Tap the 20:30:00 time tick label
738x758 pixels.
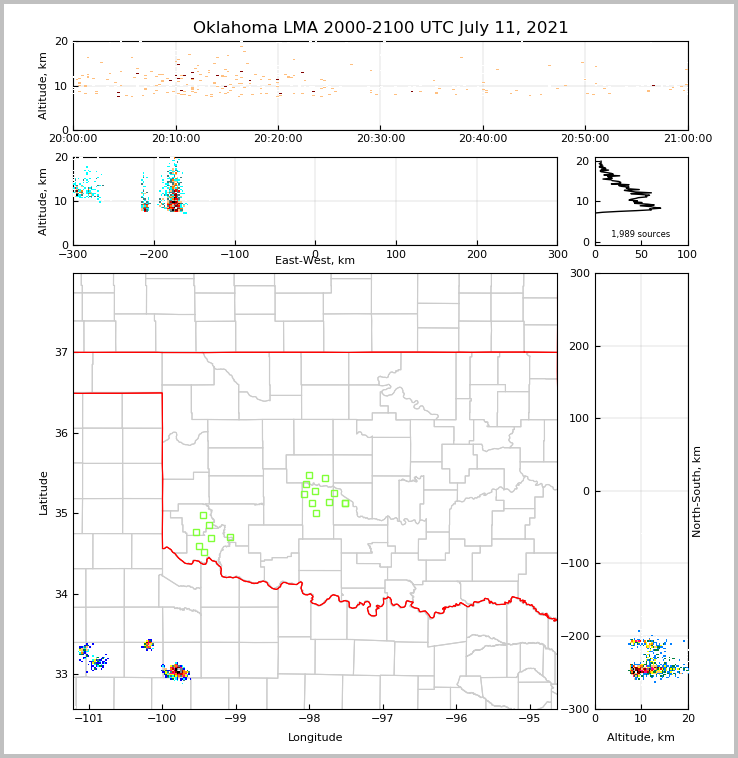(x=380, y=139)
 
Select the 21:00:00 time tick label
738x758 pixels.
(x=688, y=139)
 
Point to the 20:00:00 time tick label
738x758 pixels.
(x=73, y=139)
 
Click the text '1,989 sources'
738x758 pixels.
(x=640, y=234)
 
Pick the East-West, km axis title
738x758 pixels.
(x=315, y=261)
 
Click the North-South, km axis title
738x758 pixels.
(x=697, y=491)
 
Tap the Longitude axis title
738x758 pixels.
(x=315, y=738)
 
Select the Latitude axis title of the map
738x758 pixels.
(x=44, y=492)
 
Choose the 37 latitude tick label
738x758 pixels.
(x=60, y=352)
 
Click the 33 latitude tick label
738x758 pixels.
(x=60, y=675)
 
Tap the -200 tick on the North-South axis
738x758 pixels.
(x=575, y=636)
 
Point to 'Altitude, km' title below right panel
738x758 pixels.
(x=641, y=738)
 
